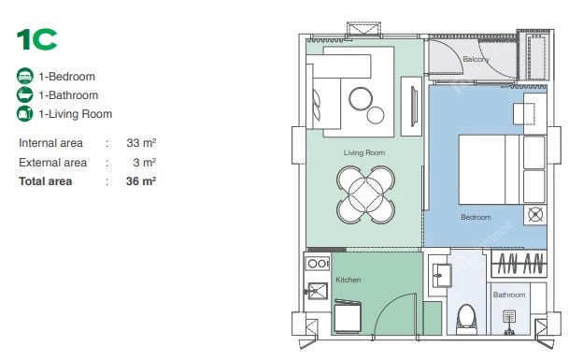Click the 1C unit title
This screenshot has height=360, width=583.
36,39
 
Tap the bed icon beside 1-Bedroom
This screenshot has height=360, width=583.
25,76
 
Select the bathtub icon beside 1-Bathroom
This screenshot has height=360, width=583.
25,94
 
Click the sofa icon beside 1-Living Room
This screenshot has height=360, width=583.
25,113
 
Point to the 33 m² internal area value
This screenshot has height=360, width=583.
141,142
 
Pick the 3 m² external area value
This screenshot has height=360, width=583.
144,163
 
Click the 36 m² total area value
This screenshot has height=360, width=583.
141,181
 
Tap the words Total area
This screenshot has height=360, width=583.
46,181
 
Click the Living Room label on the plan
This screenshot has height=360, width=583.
364,152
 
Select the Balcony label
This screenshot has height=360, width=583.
476,59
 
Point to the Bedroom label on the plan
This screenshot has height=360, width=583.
476,217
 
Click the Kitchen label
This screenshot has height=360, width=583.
348,280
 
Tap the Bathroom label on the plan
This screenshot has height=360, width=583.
509,295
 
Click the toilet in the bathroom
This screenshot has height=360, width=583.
466,320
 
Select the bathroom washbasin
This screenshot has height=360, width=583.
442,276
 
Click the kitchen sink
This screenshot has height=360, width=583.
317,291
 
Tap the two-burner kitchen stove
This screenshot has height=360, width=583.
317,264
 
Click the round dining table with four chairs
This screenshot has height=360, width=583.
366,194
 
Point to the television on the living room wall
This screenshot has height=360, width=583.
414,107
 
